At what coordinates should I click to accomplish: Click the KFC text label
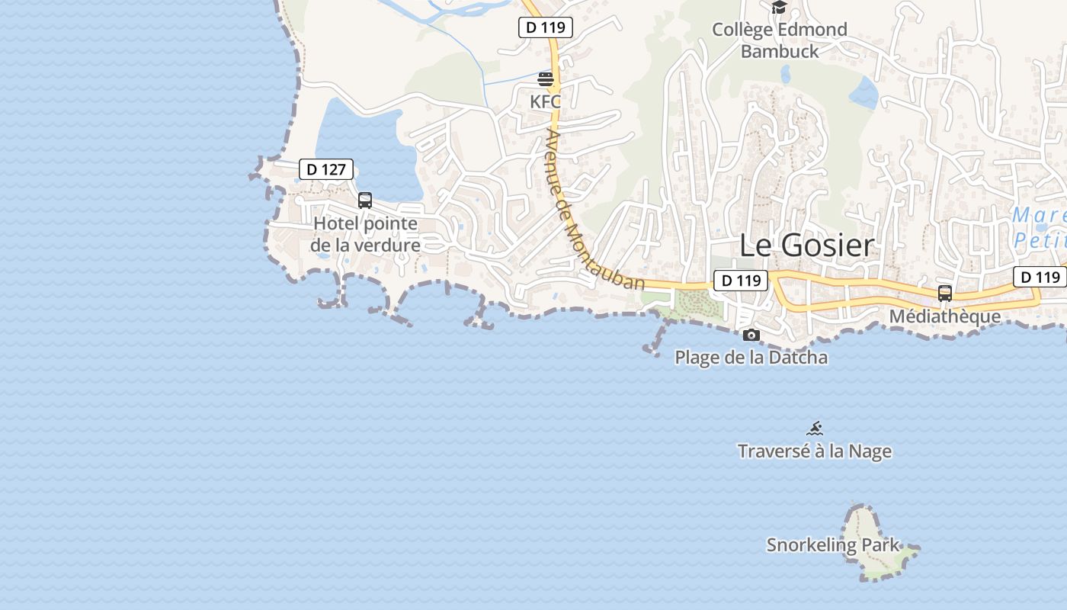546,100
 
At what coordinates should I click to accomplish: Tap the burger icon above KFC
546,79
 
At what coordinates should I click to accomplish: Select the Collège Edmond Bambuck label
779,40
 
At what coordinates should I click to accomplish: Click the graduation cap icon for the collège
779,8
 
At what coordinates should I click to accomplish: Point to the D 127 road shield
325,169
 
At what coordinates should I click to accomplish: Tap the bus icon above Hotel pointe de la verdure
365,201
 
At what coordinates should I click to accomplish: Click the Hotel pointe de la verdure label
366,234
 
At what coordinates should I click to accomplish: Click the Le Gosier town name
806,246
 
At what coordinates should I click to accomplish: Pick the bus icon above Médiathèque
945,294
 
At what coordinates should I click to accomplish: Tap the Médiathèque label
945,316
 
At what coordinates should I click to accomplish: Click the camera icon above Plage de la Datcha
751,335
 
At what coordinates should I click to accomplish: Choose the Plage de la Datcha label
751,357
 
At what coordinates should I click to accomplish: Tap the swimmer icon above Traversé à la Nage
815,429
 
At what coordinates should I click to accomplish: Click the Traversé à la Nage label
815,451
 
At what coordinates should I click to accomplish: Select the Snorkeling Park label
833,545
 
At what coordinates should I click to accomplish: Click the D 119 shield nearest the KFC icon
546,27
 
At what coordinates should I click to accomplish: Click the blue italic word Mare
1038,216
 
